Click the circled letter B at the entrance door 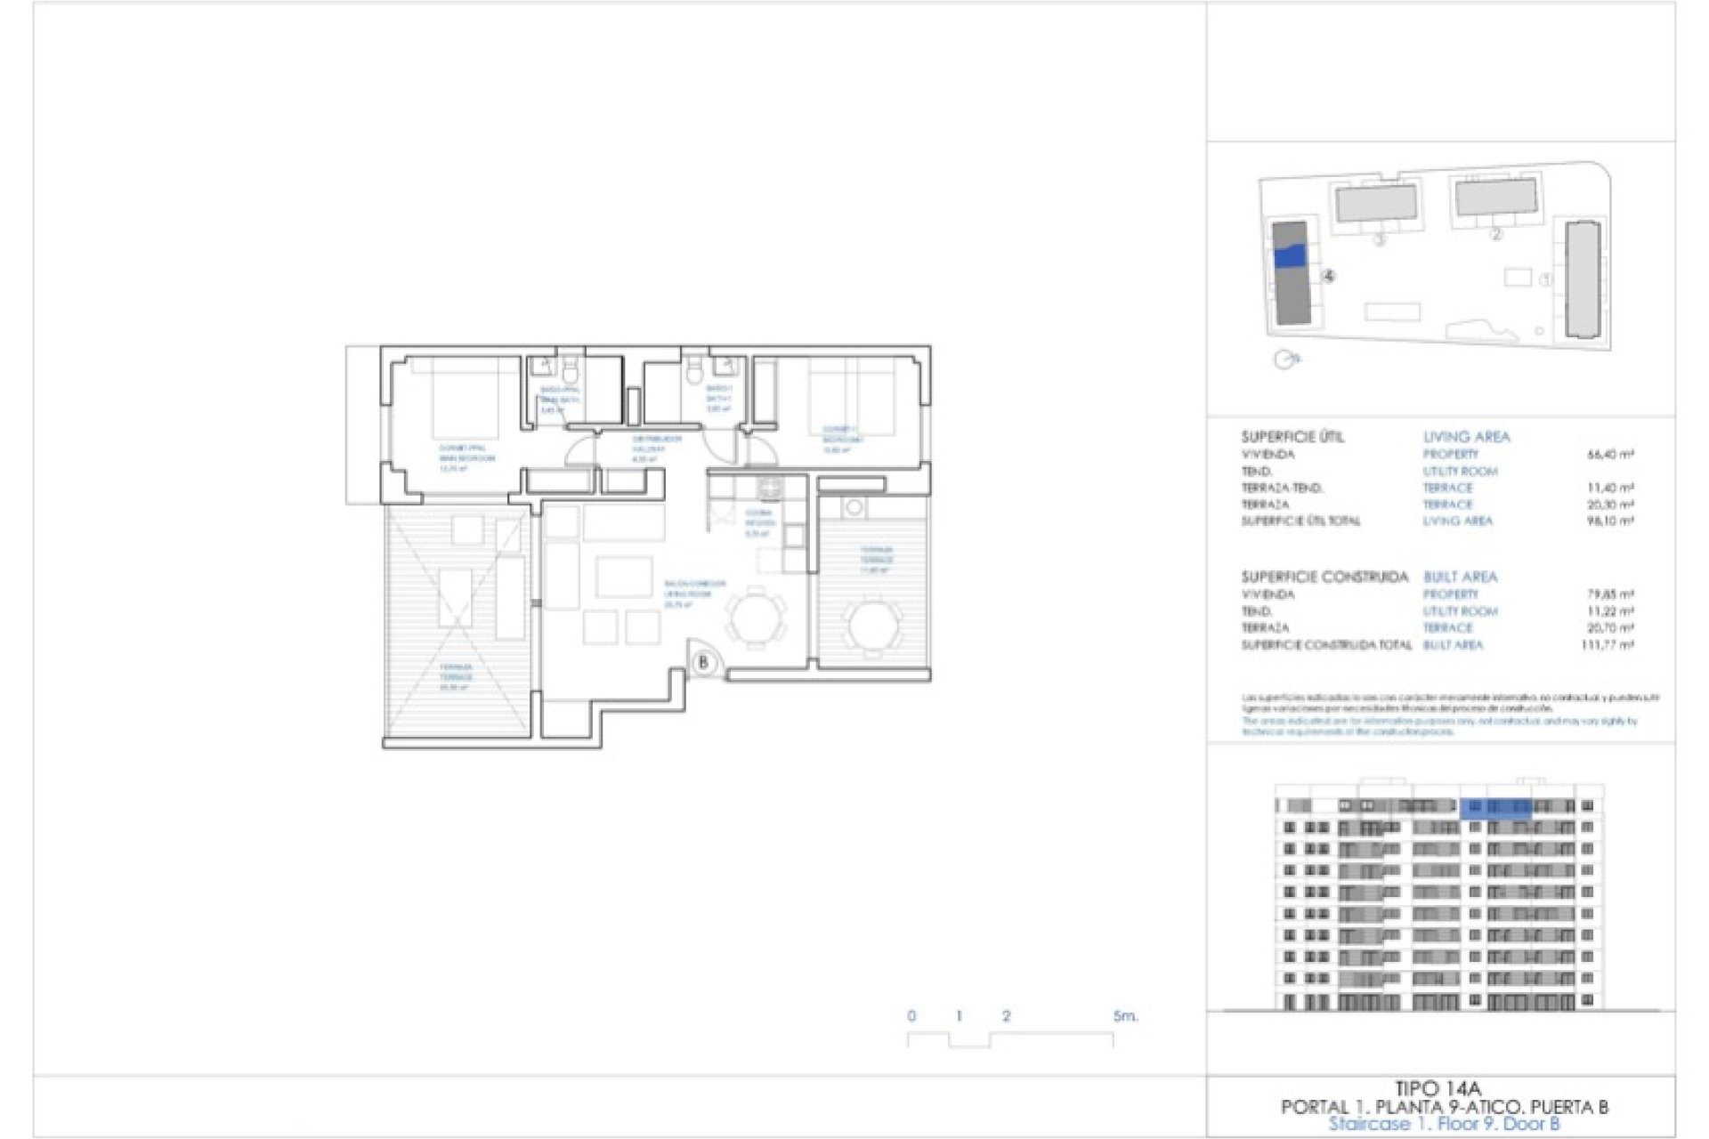click(x=703, y=662)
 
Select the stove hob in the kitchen click(x=770, y=488)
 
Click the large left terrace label click(x=456, y=676)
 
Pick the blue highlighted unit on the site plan click(x=1290, y=257)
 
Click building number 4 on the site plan click(x=1328, y=277)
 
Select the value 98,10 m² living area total click(x=1611, y=521)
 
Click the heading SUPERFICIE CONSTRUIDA click(x=1324, y=577)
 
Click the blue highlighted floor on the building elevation click(x=1495, y=807)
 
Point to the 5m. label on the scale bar click(x=1125, y=1016)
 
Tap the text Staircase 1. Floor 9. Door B click(x=1444, y=1125)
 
